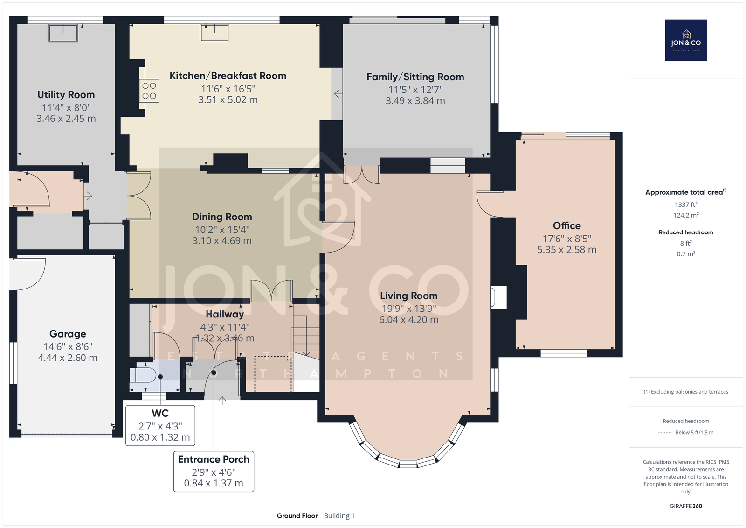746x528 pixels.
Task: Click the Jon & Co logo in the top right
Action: coord(686,40)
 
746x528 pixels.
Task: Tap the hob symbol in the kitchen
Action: coord(149,91)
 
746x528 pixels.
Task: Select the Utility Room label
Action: coord(66,95)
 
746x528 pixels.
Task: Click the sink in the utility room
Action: coord(63,33)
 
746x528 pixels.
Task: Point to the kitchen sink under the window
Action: coord(214,33)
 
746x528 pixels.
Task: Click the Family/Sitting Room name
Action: coord(415,77)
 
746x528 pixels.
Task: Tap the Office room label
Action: coord(566,226)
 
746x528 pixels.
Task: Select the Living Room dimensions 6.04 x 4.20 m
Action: coord(408,319)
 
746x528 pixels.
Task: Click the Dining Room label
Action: coord(222,217)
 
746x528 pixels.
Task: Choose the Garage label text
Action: coord(68,334)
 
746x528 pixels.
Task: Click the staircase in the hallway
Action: coord(306,335)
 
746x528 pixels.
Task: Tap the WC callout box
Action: coord(160,425)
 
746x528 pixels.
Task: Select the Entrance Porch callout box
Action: coord(214,472)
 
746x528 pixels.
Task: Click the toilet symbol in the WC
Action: coord(143,375)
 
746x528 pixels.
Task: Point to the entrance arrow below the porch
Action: coord(222,400)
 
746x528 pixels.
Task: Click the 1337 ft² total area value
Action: coord(686,204)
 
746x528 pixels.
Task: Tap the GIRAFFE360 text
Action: coord(686,506)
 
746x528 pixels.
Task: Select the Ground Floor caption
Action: coord(297,516)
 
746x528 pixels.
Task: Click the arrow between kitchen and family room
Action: coord(338,94)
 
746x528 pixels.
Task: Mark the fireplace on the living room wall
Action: coord(498,297)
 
